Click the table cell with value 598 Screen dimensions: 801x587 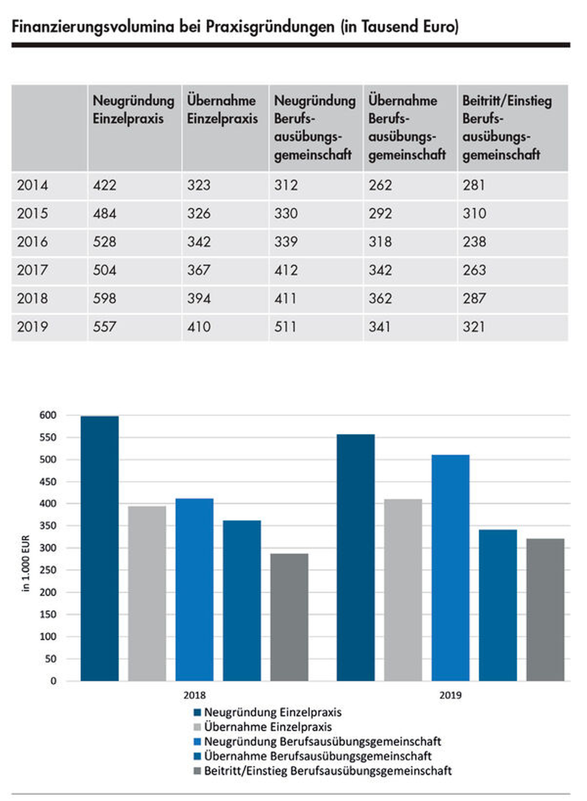pos(104,298)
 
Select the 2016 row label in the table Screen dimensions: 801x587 pos(32,242)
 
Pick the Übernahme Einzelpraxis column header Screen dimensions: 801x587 pos(222,109)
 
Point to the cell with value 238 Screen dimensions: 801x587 pos(474,242)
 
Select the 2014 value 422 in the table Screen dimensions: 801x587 pos(104,185)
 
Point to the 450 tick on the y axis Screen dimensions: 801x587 pos(48,482)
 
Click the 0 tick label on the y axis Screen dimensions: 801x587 pos(53,681)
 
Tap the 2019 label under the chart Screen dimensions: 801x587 pos(450,695)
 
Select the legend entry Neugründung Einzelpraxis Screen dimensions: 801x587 pos(272,713)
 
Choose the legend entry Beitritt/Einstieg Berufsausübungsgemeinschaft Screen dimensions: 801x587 pos(327,771)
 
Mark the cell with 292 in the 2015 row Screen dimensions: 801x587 pos(380,213)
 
